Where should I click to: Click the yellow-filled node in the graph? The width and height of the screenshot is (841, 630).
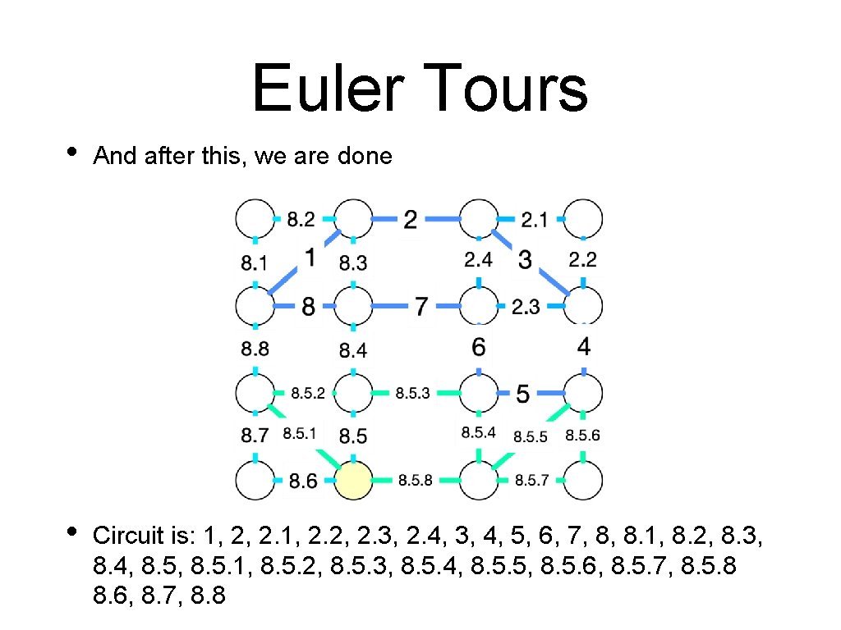[x=353, y=480]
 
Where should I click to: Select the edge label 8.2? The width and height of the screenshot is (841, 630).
[x=301, y=219]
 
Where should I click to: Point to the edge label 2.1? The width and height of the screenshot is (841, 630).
[x=534, y=219]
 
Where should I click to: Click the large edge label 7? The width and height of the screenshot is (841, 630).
[x=420, y=307]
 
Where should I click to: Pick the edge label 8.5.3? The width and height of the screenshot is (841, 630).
[x=412, y=394]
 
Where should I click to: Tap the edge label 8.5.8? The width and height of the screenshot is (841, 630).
[x=415, y=481]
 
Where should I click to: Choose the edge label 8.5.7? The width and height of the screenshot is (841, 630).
[x=531, y=481]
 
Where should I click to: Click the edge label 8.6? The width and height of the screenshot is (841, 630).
[x=303, y=482]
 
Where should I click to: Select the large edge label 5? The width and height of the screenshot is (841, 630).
[x=522, y=395]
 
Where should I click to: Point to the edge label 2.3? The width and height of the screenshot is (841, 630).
[x=526, y=307]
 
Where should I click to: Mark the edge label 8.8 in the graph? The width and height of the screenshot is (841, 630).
[x=255, y=349]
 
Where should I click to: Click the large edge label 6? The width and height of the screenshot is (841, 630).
[x=479, y=347]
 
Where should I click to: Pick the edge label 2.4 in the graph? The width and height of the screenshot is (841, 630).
[x=478, y=260]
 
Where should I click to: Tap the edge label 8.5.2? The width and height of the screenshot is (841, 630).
[x=308, y=394]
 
